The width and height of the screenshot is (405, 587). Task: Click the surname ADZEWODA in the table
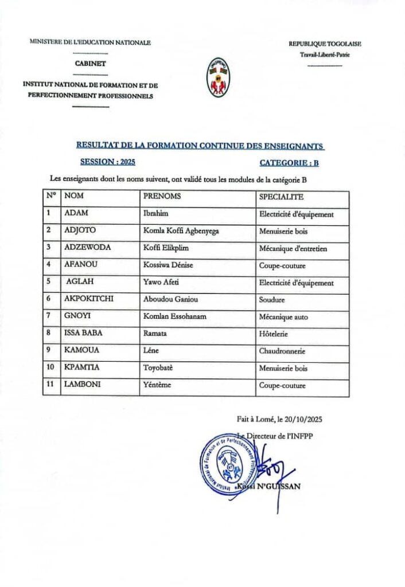click(x=88, y=248)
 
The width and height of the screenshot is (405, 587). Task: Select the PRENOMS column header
click(x=162, y=197)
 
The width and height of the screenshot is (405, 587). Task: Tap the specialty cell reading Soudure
click(x=272, y=299)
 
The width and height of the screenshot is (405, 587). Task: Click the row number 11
click(x=50, y=385)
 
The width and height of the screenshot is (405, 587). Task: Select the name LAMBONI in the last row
click(x=83, y=385)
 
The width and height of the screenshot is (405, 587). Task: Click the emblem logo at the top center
click(x=218, y=77)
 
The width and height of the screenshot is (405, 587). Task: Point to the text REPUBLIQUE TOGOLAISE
click(x=325, y=44)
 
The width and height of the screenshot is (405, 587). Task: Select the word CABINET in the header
click(x=90, y=64)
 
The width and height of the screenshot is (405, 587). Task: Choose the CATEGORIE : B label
click(x=289, y=163)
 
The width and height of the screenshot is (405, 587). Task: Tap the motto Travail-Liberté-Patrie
click(x=325, y=55)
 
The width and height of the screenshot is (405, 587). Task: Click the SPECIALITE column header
click(x=281, y=197)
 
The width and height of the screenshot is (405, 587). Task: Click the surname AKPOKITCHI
click(x=91, y=299)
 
